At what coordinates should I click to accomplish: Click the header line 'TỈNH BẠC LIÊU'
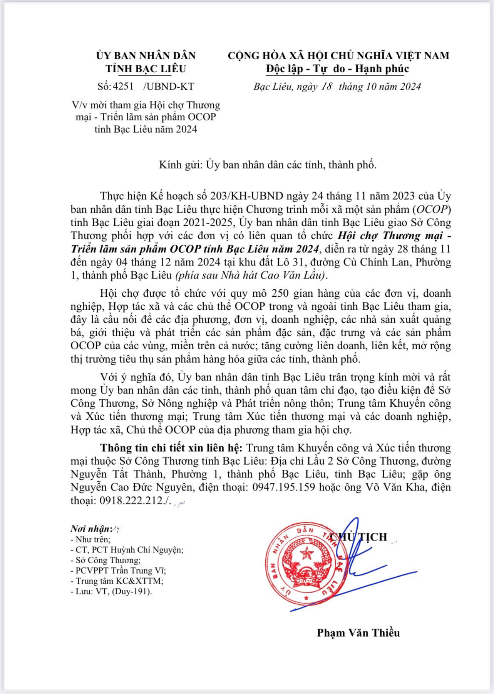[146, 68]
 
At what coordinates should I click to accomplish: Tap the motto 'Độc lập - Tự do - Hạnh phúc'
[338, 68]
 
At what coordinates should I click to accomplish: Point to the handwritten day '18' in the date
[325, 86]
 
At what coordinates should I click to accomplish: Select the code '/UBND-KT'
[168, 86]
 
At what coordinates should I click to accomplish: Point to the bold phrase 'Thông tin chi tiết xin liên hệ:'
[171, 448]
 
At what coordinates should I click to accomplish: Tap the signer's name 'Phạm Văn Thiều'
[358, 633]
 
